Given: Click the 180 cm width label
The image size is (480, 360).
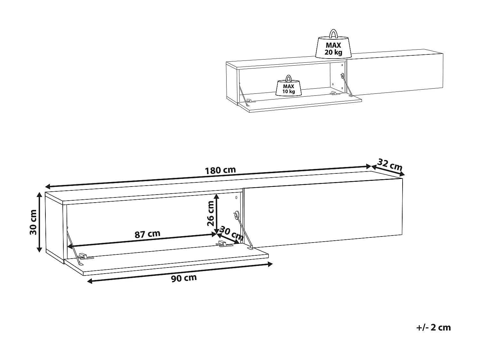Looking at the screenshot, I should pos(220,170).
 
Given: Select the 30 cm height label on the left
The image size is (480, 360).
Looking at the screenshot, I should pos(33,222).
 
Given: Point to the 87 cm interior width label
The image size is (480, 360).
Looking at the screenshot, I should pos(147,234).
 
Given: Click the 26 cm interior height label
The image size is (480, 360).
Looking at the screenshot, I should pos(211,213).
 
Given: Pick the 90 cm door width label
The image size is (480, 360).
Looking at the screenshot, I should pos(184,278).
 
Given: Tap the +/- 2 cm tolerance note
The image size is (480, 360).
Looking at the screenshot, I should pos(434,327).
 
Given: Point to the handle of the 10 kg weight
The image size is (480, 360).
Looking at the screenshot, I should pos(288,78).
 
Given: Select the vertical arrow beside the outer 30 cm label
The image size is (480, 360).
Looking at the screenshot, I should pos(39,222).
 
